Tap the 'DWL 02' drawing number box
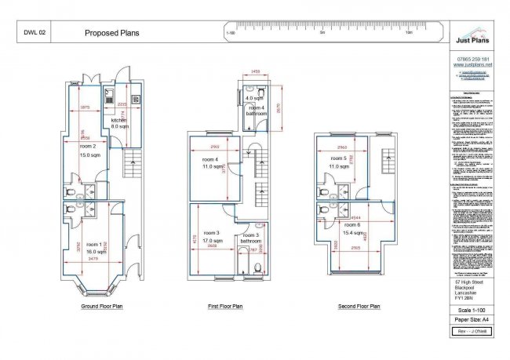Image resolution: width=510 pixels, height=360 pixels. coord(36,34)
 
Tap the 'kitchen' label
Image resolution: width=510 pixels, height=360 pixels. coord(118,119)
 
